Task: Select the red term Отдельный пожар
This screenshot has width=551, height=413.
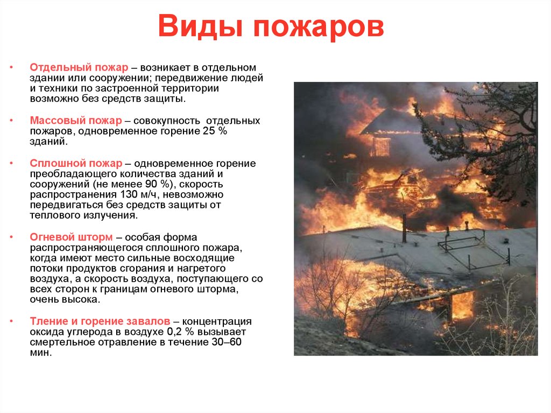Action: (79, 68)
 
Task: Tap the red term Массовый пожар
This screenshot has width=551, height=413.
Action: (76, 121)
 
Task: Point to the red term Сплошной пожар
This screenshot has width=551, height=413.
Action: (75, 164)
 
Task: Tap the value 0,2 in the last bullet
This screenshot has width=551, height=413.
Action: (174, 332)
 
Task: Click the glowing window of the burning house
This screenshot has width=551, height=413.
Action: (381, 146)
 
